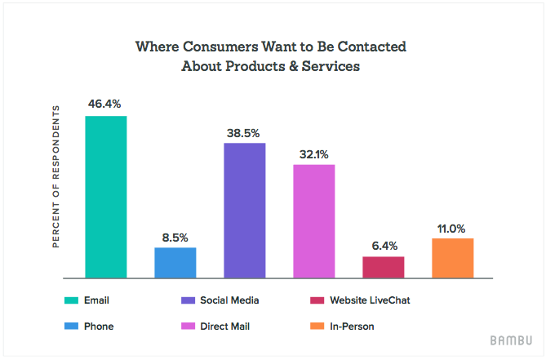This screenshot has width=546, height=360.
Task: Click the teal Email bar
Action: pos(106,197)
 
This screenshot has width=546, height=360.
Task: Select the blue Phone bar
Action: pos(175,262)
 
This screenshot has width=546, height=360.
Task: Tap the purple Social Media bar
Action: pos(245,211)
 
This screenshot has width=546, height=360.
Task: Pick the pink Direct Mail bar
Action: pos(314,221)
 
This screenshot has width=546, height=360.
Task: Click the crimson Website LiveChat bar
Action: pos(384,267)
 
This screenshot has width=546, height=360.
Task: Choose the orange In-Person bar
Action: pos(453,258)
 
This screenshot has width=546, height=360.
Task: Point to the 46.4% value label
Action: pos(106,105)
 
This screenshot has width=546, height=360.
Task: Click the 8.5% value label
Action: pos(175,238)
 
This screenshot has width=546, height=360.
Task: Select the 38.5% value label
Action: pos(245,132)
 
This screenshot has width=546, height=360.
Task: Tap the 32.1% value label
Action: pos(314,154)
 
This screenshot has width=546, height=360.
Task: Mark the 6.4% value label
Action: pos(384,246)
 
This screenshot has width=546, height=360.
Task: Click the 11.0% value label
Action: pos(453,228)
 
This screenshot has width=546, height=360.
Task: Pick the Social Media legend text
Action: pos(229,300)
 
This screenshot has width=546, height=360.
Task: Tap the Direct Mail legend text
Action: pos(225,326)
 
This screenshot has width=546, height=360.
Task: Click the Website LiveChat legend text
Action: pos(371,300)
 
